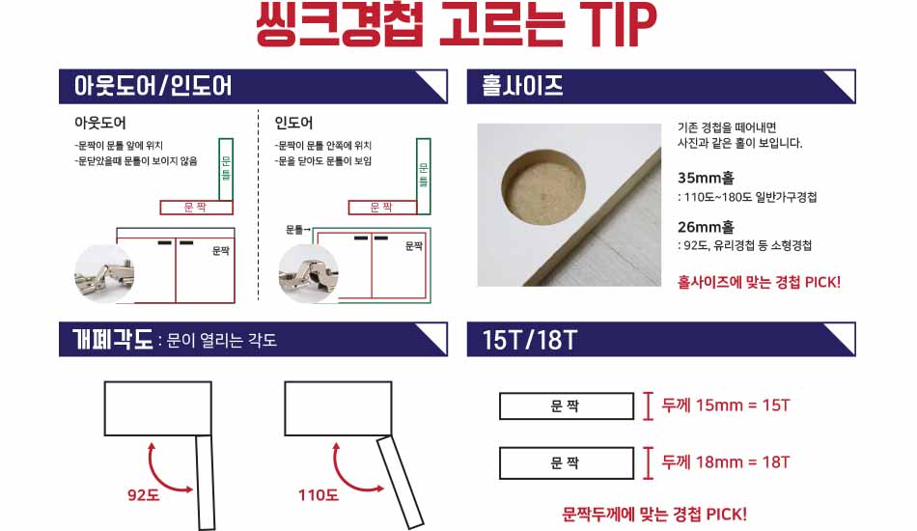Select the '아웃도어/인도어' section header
point(153,86)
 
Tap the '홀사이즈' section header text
point(522,86)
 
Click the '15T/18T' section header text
point(529,340)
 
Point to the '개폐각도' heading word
point(112,339)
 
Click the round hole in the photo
point(543,186)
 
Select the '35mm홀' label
point(706,178)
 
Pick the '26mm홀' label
point(706,227)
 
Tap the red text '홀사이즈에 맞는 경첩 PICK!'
point(759,283)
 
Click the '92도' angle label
point(143,495)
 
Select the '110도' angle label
point(319,495)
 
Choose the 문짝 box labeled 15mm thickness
point(566,405)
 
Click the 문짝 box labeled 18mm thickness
point(566,463)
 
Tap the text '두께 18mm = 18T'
point(725,462)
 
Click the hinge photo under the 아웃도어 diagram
point(104,273)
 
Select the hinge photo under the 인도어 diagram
point(308,273)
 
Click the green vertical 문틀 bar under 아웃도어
point(226,170)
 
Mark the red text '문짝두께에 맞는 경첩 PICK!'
point(654,515)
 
